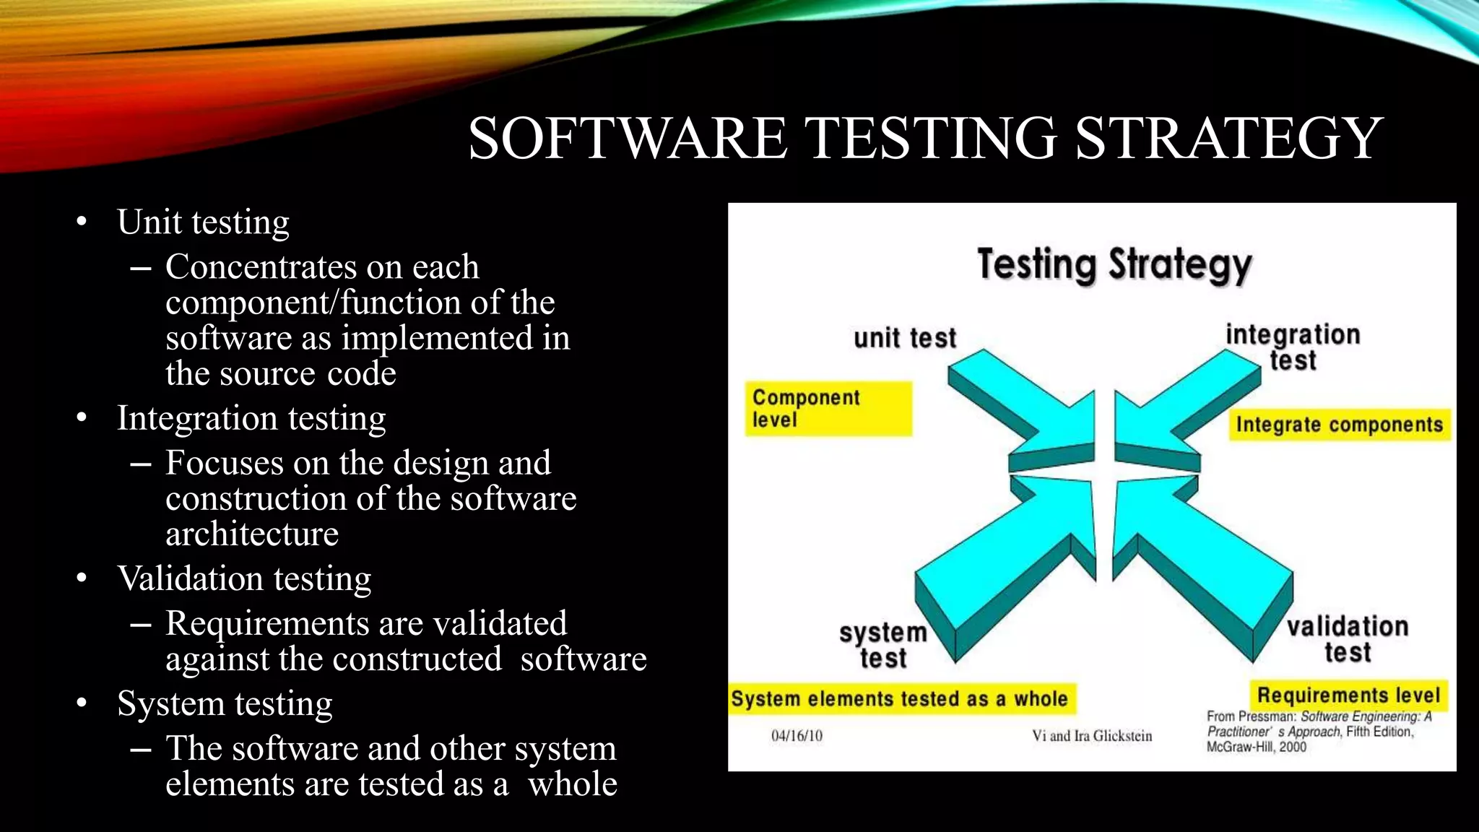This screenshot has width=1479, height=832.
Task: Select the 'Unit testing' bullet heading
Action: click(203, 222)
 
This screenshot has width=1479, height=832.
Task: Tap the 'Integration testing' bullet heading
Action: click(251, 418)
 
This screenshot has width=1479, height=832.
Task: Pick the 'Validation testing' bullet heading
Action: click(244, 578)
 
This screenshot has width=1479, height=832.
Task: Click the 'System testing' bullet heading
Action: click(225, 703)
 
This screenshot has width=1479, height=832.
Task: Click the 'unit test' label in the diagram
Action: click(904, 338)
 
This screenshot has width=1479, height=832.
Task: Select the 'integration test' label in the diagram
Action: click(1293, 347)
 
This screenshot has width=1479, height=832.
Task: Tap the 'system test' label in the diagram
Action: click(882, 645)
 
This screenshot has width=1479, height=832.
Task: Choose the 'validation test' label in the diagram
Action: click(1348, 638)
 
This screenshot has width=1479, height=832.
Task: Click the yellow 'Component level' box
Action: click(828, 409)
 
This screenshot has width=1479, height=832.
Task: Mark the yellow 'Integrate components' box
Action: click(1339, 425)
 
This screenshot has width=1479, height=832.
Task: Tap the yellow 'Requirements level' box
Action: click(1348, 695)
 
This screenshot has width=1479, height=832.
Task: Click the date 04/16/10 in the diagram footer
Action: click(797, 736)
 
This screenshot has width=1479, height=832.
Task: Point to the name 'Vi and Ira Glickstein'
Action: click(1092, 736)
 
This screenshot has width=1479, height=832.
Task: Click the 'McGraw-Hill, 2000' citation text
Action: click(1256, 747)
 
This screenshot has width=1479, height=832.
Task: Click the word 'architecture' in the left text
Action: click(252, 534)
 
